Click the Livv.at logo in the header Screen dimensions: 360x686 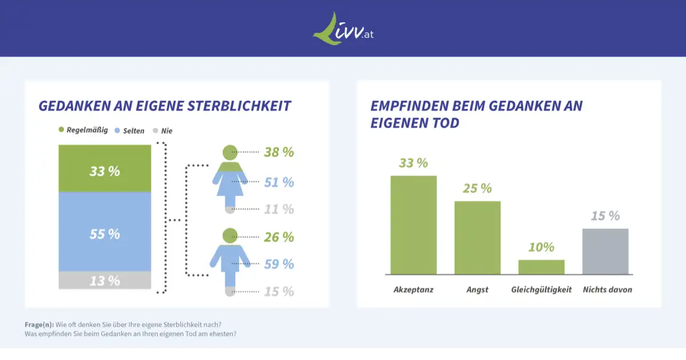tap(343, 28)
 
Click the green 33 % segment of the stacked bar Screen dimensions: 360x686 tap(105, 169)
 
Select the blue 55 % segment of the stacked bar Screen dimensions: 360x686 tap(105, 232)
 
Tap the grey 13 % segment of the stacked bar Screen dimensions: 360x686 tap(105, 280)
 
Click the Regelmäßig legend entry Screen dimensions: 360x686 tap(83, 130)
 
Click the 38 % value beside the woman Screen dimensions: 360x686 tap(278, 152)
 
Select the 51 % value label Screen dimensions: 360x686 tap(278, 182)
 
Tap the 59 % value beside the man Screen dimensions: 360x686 tap(278, 264)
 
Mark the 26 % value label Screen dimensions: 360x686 tap(278, 237)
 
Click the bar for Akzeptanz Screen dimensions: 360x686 tap(413, 225)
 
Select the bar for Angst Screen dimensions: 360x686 tap(477, 238)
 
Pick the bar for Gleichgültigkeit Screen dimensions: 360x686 tap(541, 267)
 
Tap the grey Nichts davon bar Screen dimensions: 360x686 tap(605, 251)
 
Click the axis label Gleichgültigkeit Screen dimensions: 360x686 tap(541, 290)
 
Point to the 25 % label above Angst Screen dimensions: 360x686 tap(477, 188)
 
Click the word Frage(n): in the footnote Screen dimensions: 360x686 tap(39, 325)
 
